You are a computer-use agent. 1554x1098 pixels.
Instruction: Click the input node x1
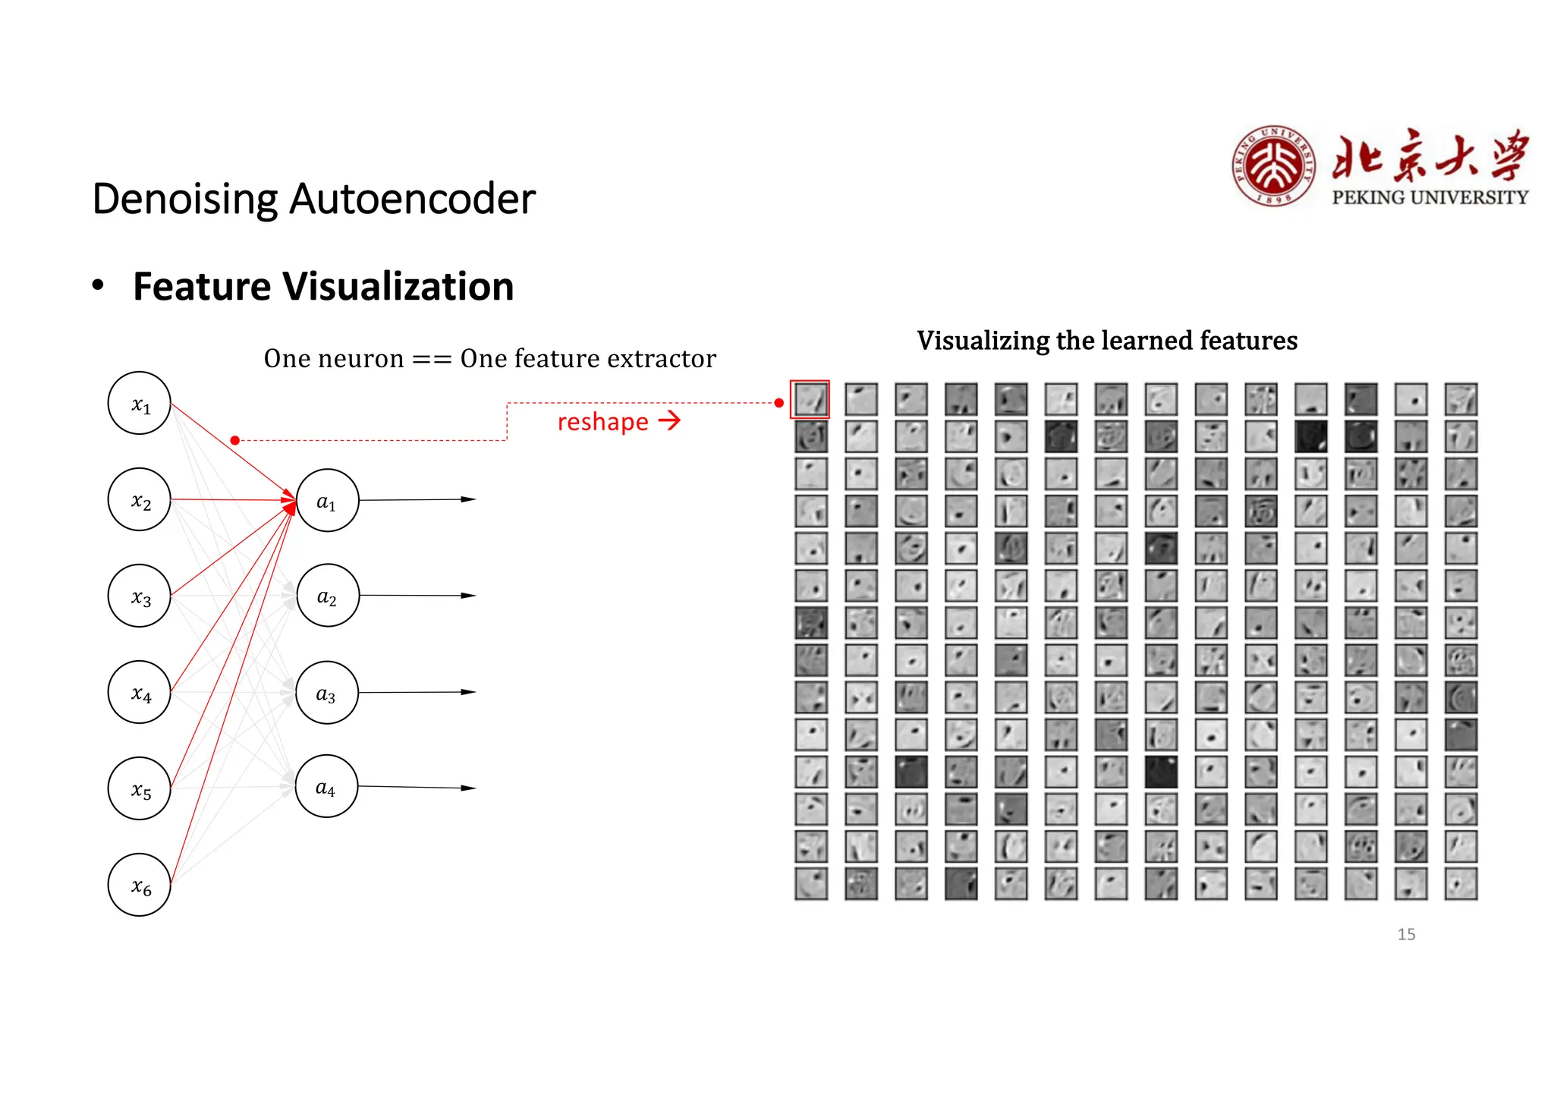(140, 403)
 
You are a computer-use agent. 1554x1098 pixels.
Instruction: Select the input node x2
(140, 499)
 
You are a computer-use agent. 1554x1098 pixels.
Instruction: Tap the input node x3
(140, 596)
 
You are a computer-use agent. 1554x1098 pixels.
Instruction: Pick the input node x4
(140, 692)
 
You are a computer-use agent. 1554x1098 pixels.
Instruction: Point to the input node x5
(140, 788)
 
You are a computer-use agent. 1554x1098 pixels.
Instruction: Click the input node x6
(140, 885)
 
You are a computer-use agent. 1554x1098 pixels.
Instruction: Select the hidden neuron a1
(327, 500)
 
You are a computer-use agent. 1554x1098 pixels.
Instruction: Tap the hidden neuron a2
(327, 596)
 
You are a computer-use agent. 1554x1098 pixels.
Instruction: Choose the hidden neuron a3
(327, 692)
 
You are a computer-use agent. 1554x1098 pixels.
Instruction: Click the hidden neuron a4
(327, 786)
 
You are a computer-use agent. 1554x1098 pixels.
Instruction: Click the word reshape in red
(602, 422)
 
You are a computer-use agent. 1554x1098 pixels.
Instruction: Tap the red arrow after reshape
(669, 420)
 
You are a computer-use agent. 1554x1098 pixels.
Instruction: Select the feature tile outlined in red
(810, 399)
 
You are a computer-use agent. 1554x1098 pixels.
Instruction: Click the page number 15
(1406, 934)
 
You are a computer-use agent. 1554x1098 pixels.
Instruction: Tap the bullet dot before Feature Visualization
(98, 285)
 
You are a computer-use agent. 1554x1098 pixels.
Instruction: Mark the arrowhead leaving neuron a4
(469, 788)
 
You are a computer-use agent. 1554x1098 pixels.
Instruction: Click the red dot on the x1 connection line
(235, 440)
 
